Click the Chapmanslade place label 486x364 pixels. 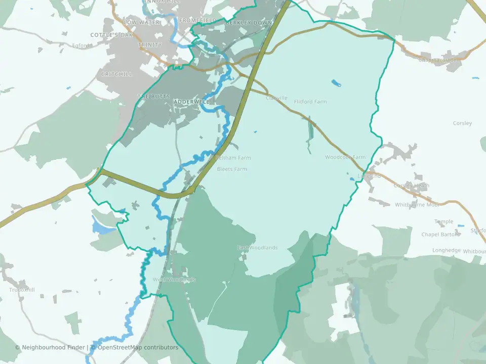[x=437, y=60]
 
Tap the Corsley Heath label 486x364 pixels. [x=412, y=186]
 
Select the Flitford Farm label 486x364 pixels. [x=310, y=102]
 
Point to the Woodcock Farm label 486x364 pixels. [x=345, y=157]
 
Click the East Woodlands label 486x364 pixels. [x=257, y=248]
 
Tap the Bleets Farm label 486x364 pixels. [x=232, y=169]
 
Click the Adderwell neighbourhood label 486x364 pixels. [x=188, y=102]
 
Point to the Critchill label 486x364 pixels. [x=116, y=74]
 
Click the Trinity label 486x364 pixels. [x=150, y=45]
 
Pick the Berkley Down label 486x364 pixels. [x=249, y=23]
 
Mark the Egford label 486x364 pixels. [x=80, y=45]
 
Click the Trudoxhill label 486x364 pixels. [x=21, y=290]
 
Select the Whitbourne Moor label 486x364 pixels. [x=417, y=205]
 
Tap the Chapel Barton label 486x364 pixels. [x=440, y=235]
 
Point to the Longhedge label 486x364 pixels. [x=447, y=250]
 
